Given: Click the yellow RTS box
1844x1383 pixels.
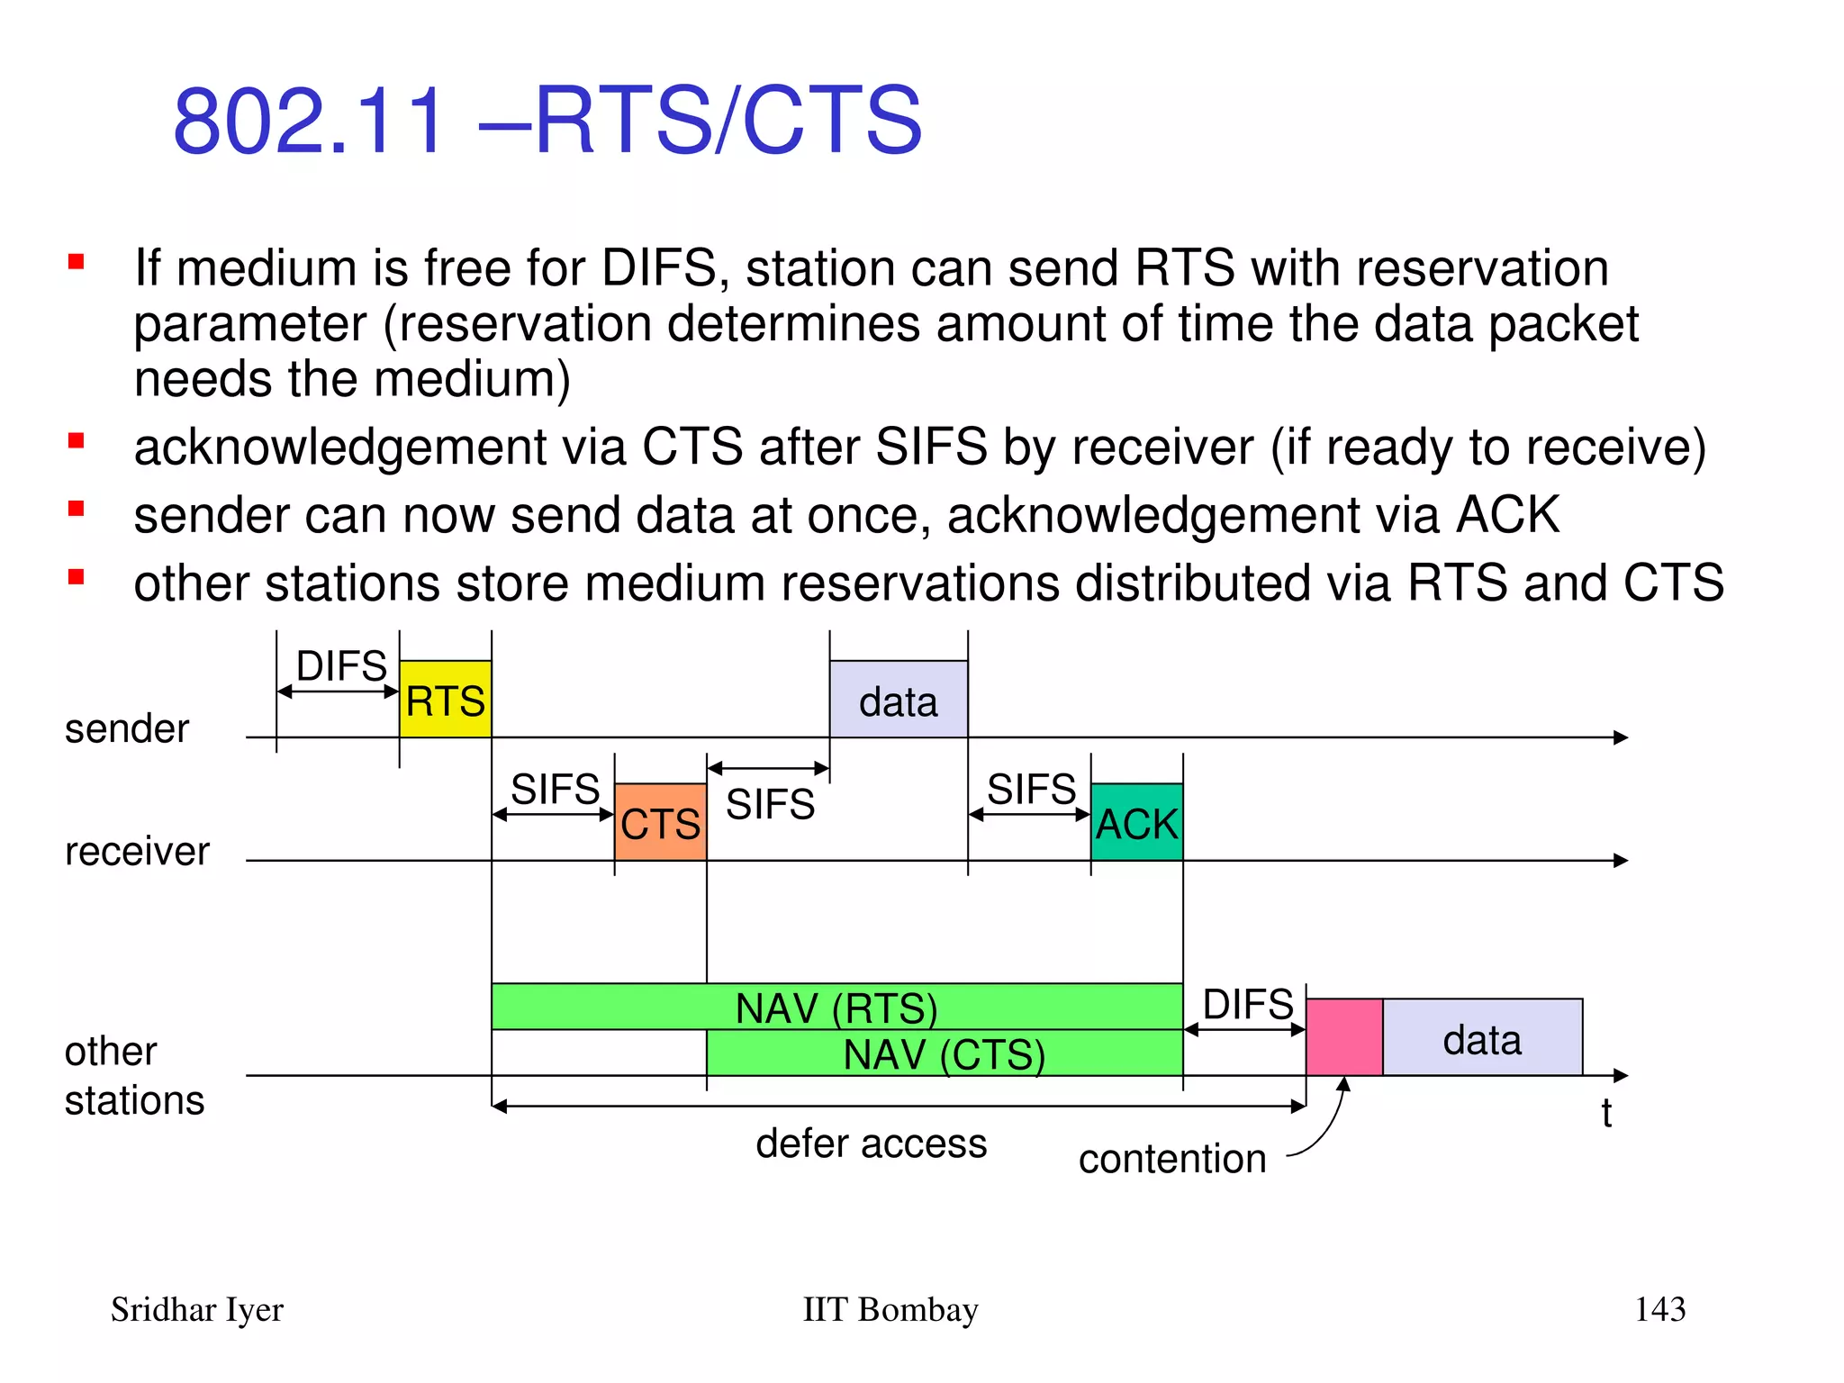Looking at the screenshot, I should [x=445, y=700].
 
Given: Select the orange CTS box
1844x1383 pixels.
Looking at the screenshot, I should [x=660, y=822].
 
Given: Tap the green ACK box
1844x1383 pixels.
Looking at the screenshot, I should [x=1136, y=822].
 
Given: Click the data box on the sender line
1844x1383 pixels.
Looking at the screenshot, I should [x=898, y=700].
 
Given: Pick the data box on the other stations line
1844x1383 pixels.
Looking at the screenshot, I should [x=1482, y=1037].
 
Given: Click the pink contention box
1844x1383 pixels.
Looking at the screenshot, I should [x=1343, y=1037].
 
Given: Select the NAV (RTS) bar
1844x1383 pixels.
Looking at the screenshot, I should [x=836, y=1007].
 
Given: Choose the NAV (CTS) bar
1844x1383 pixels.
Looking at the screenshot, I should [x=944, y=1053].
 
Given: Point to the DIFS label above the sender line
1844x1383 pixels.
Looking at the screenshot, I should [x=341, y=666].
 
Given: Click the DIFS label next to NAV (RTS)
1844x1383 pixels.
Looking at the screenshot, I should [x=1247, y=1004].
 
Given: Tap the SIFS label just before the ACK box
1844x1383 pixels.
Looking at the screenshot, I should [x=1031, y=789].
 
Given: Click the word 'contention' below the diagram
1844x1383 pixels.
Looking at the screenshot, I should [x=1171, y=1159].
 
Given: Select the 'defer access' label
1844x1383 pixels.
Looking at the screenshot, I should [x=871, y=1143].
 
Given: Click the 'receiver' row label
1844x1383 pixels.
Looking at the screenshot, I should [x=137, y=851].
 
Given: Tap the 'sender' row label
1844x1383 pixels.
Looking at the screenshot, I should [x=127, y=728].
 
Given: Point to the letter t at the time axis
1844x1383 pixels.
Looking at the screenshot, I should [x=1606, y=1114].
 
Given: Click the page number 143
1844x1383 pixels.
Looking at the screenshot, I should [x=1659, y=1309].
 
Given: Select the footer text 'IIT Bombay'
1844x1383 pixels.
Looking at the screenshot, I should [x=890, y=1309].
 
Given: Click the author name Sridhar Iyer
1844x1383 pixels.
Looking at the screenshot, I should [x=196, y=1310].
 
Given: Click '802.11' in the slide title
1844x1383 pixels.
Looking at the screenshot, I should [x=309, y=121].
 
